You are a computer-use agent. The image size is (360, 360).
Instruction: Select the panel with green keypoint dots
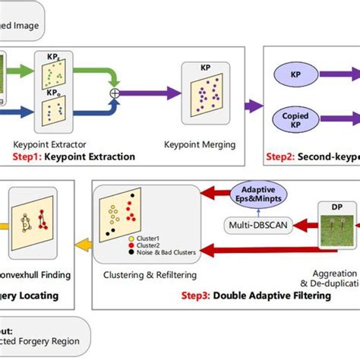pos(53,71)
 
